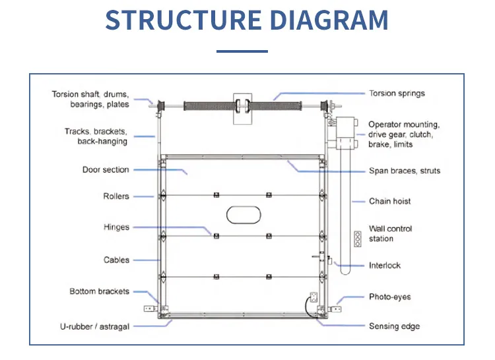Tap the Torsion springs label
point(397,94)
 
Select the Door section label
point(106,170)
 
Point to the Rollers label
point(116,196)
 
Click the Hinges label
point(116,227)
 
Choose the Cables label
point(116,260)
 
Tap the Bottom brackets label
point(100,291)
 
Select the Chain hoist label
point(389,201)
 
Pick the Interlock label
point(385,266)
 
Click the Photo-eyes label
point(389,297)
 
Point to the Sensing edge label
point(394,326)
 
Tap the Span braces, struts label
point(404,171)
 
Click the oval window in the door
point(244,214)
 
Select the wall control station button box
point(358,239)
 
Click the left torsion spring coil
point(204,105)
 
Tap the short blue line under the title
point(242,51)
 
